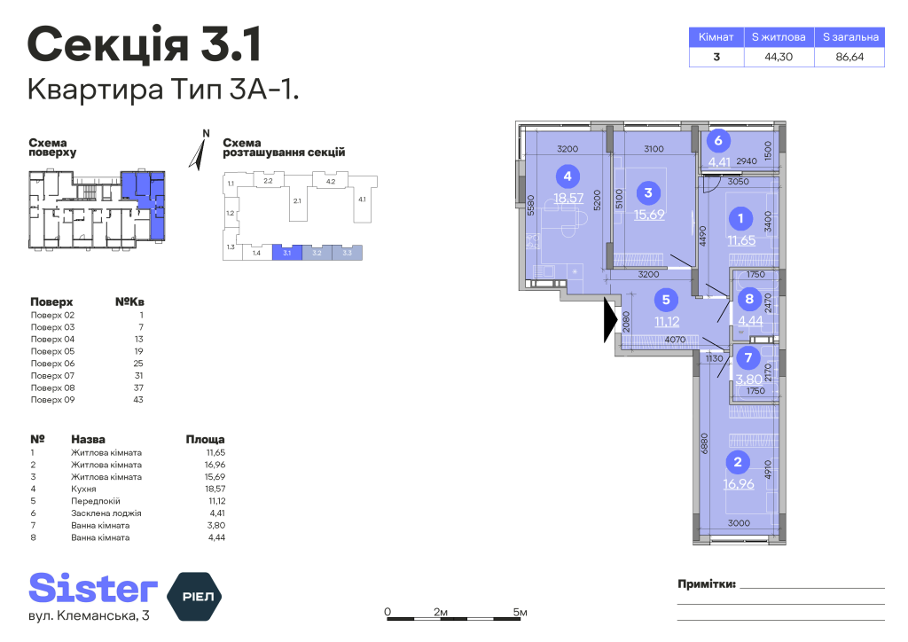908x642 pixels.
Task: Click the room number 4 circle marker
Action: click(x=567, y=176)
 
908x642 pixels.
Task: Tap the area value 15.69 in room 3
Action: click(x=649, y=215)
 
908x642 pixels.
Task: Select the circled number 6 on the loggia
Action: click(x=718, y=140)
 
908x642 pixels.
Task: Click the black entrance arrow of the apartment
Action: click(x=610, y=320)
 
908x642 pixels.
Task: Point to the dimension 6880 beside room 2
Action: click(x=704, y=443)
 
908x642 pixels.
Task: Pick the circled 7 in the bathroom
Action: click(x=748, y=357)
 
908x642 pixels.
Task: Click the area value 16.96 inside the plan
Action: click(x=739, y=483)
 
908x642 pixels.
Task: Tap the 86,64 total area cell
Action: click(x=849, y=57)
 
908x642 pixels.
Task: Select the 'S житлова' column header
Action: click(x=779, y=37)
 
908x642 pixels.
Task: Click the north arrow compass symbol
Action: click(x=200, y=152)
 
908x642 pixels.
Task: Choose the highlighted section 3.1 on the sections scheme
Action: click(x=287, y=253)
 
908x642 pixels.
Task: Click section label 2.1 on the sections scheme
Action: click(x=297, y=201)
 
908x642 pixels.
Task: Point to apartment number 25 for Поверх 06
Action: click(x=137, y=364)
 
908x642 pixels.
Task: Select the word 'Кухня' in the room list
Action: click(x=83, y=489)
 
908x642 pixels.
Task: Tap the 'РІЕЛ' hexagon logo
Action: click(x=194, y=596)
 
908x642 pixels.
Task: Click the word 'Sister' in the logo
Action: click(x=93, y=588)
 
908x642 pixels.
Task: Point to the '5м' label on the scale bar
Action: click(x=520, y=612)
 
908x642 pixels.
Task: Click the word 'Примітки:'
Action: click(x=707, y=584)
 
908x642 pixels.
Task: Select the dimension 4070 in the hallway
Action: click(x=675, y=340)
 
